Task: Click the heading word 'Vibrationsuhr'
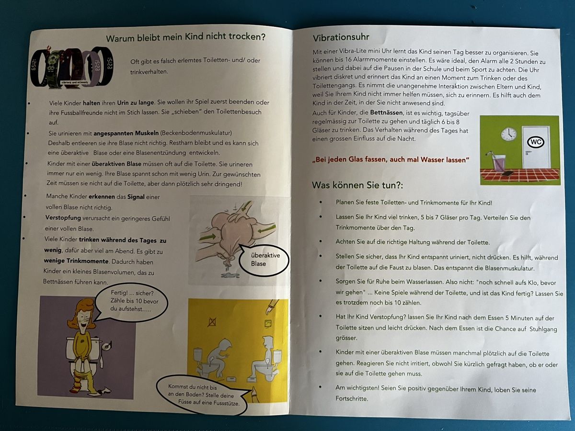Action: [341, 37]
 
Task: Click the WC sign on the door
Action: [535, 142]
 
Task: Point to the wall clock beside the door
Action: [508, 135]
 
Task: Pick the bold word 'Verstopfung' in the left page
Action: [63, 218]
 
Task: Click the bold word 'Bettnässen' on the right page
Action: [386, 113]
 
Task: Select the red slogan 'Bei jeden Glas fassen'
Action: [391, 159]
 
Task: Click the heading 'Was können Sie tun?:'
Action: [357, 185]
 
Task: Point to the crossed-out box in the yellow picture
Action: [212, 322]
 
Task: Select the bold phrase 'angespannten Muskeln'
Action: [126, 133]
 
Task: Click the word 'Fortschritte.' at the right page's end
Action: [352, 398]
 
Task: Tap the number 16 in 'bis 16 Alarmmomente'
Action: [348, 60]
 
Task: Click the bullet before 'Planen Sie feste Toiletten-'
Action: [321, 202]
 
